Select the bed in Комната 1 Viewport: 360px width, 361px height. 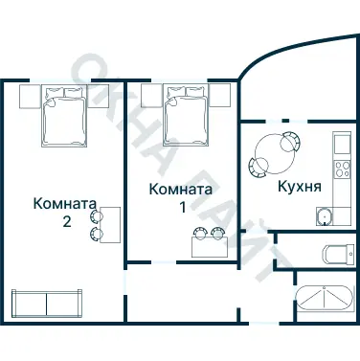tap(186, 113)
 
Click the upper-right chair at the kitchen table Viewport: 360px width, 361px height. tap(290, 140)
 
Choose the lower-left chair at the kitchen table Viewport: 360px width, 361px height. tap(257, 166)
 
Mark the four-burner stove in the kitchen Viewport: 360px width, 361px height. tap(340, 172)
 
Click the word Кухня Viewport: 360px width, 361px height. tap(298, 186)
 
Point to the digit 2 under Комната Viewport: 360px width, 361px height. tap(65, 220)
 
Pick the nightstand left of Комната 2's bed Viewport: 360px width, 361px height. tap(27, 96)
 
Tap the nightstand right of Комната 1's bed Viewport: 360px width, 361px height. tap(220, 96)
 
